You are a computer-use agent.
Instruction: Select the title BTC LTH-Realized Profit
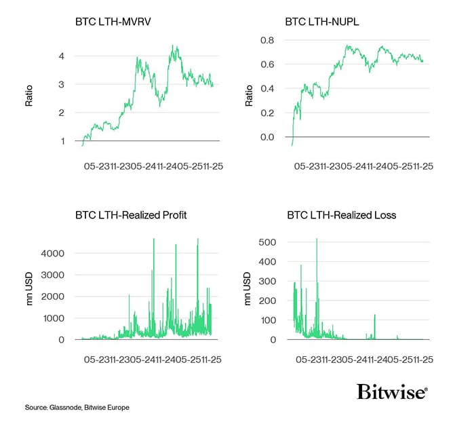coord(131,215)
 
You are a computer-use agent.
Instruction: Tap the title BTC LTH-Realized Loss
coord(340,215)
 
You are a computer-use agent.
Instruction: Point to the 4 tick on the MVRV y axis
coord(62,56)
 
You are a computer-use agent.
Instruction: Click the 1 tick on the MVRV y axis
coord(62,141)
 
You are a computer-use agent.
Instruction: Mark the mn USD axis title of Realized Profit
coord(29,289)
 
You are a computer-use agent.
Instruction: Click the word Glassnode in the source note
coord(64,408)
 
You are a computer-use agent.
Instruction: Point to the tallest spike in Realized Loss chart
coord(317,239)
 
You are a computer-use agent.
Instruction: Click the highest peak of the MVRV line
coord(175,46)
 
